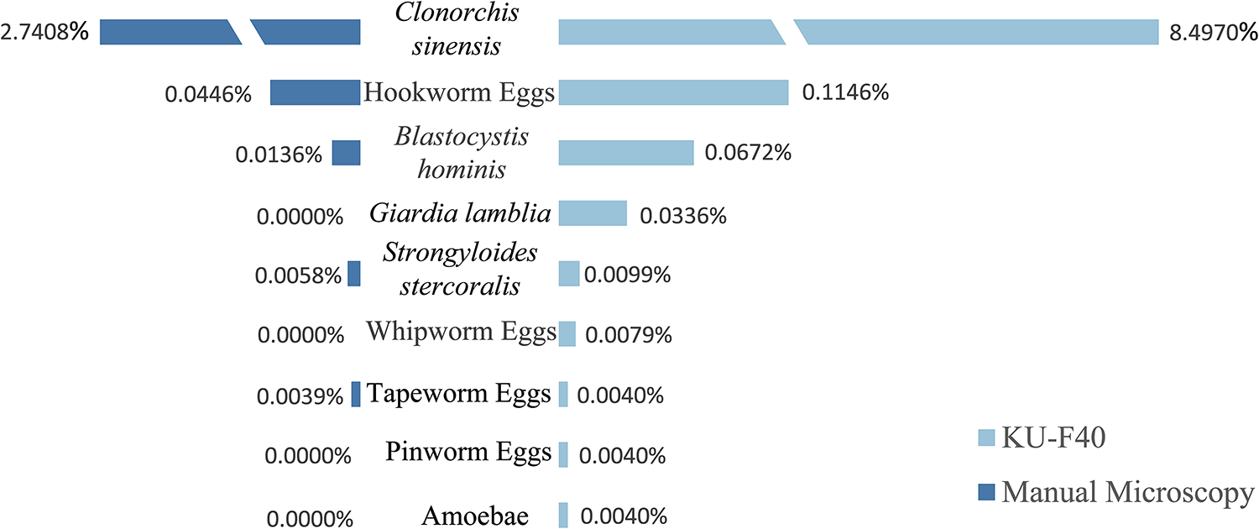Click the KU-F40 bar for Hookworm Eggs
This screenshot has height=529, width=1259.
tap(673, 92)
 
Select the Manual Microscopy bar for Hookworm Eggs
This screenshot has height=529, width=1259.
tap(315, 92)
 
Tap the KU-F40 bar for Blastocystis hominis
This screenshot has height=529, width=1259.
tap(626, 153)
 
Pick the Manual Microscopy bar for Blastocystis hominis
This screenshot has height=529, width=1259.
tap(346, 153)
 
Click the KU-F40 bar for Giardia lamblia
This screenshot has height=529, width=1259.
tap(593, 213)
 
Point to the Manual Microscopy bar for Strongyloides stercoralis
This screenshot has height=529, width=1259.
tap(354, 274)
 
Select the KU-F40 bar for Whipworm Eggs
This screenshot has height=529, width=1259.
tap(567, 334)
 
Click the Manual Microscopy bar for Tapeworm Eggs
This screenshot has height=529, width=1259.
tap(356, 395)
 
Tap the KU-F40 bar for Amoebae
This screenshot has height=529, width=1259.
tap(563, 515)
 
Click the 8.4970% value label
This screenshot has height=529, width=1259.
tap(1212, 34)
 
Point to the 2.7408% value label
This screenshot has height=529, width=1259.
tap(46, 34)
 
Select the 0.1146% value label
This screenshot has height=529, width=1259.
tap(845, 93)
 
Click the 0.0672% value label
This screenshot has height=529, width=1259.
tap(748, 154)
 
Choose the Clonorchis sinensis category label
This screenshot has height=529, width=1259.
tap(459, 29)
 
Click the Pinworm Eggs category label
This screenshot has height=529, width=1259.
tap(468, 453)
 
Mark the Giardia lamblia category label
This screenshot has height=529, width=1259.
tap(460, 213)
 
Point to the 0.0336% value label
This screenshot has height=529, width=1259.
tap(682, 216)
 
